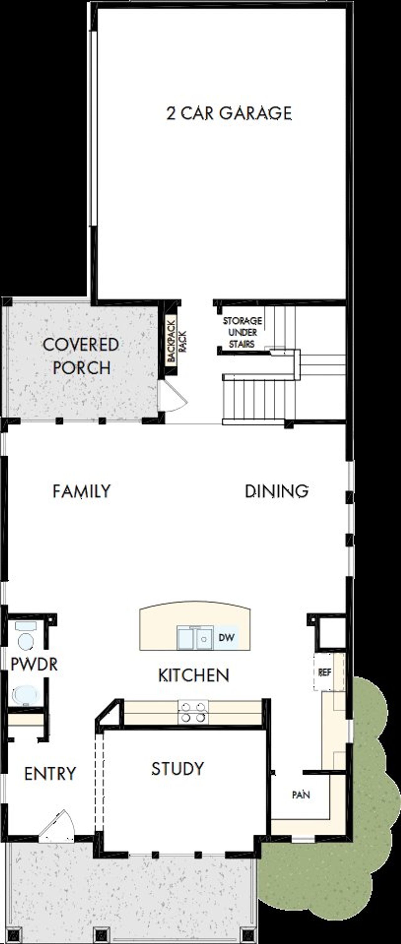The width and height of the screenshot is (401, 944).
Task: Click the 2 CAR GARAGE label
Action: click(x=229, y=113)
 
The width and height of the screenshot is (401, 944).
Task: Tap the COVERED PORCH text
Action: click(x=81, y=356)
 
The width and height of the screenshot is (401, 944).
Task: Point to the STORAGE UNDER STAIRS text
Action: click(x=242, y=332)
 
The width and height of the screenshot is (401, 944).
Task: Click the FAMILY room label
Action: click(x=81, y=491)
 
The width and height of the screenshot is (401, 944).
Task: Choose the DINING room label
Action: click(x=277, y=491)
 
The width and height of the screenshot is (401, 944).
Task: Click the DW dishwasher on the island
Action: click(x=226, y=637)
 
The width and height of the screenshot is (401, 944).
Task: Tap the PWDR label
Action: click(x=34, y=664)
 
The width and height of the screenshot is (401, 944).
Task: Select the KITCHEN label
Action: click(x=194, y=675)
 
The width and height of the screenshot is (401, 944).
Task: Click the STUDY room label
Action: click(x=178, y=768)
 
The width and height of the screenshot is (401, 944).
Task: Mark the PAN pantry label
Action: click(x=301, y=795)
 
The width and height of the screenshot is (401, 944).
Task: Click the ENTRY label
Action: click(x=50, y=774)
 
